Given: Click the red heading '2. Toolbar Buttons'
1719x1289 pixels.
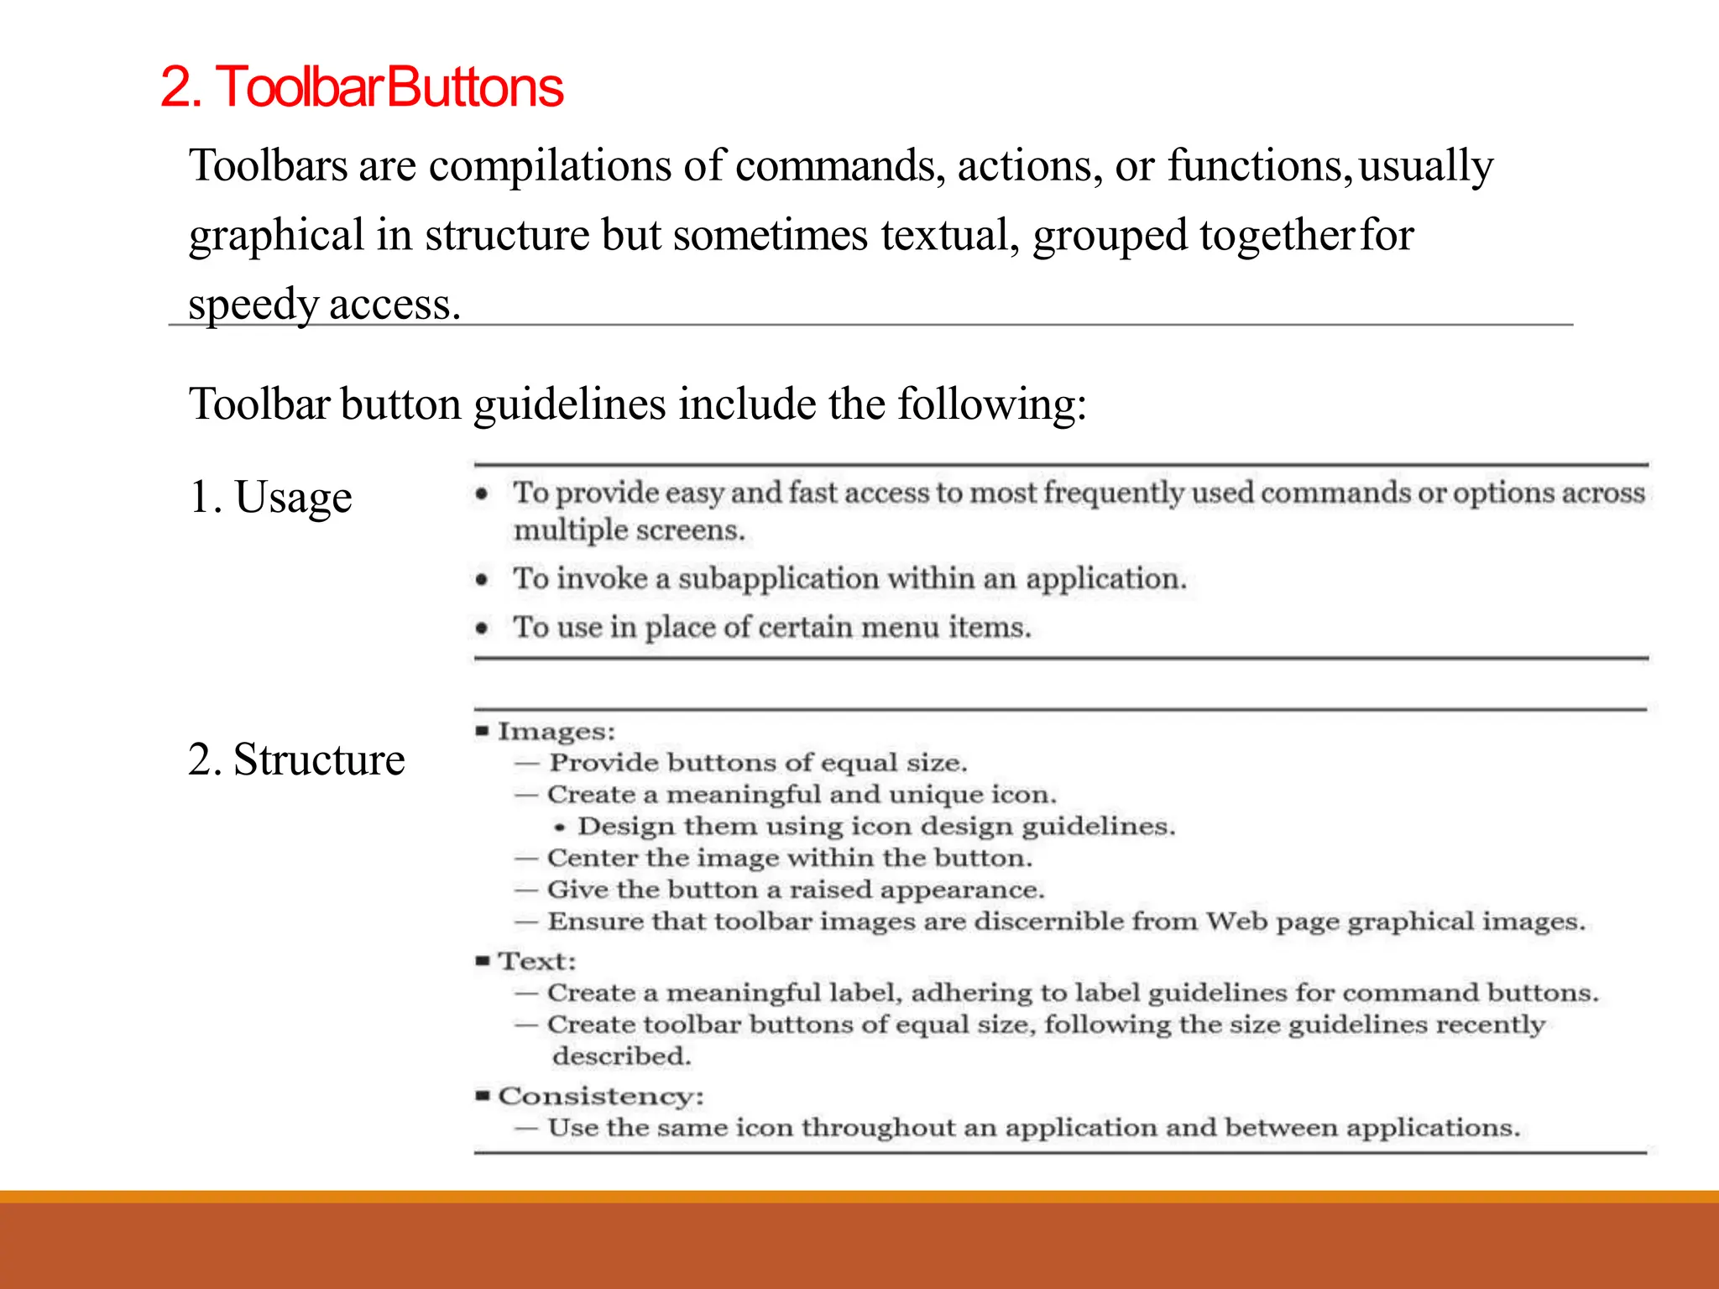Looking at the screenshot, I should [361, 87].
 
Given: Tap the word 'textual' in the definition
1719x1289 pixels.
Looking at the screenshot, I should [949, 234].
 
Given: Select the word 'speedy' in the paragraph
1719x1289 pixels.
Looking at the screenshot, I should [252, 304].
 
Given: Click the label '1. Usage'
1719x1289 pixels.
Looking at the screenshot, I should [270, 497].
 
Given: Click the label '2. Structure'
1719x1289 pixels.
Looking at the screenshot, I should [296, 759].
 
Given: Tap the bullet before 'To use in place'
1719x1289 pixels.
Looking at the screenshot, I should [481, 628].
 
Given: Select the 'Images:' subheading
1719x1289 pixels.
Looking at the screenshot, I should [556, 732].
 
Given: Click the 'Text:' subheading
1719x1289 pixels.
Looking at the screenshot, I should [537, 962].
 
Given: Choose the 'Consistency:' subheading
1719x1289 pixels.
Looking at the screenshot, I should [601, 1096].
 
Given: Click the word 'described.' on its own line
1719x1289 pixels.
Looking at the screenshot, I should [622, 1057].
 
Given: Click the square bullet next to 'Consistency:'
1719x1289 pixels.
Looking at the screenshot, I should [482, 1095].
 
